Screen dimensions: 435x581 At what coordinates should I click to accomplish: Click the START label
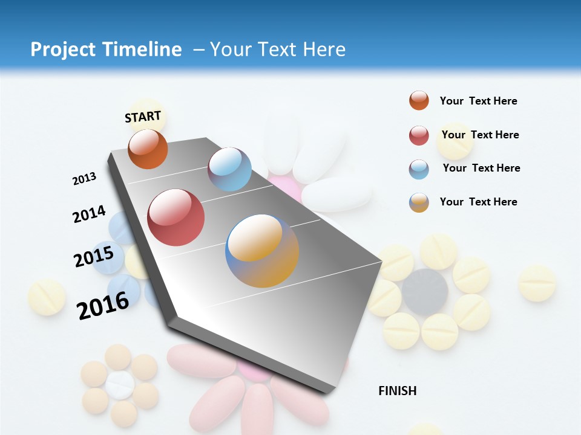point(143,117)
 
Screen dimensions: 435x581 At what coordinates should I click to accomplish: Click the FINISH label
point(397,391)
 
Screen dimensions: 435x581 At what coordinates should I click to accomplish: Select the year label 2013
point(84,179)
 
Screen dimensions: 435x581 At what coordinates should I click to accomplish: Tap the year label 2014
point(89,214)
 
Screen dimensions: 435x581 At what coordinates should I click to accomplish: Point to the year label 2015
point(94,256)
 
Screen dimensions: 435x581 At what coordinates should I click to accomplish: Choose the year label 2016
point(103,305)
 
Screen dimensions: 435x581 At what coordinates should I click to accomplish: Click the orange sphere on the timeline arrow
point(148,149)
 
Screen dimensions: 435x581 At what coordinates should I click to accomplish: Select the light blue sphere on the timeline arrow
point(229,169)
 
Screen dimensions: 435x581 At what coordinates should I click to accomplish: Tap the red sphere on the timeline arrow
point(176,217)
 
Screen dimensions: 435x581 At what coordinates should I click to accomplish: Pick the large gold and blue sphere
point(262,250)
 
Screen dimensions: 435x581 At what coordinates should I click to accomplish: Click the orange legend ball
point(419,100)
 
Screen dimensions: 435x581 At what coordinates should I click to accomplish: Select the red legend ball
point(419,135)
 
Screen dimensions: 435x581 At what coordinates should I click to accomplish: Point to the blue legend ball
point(419,169)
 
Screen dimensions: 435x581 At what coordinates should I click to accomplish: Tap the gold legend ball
point(419,202)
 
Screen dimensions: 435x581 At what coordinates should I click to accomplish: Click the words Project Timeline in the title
point(106,50)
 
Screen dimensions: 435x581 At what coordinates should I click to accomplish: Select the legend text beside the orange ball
point(478,101)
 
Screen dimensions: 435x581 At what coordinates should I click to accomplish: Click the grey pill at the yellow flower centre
point(425,291)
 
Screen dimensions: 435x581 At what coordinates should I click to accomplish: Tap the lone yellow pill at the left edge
point(47,297)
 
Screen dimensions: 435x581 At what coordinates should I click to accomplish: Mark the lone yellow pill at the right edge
point(537,283)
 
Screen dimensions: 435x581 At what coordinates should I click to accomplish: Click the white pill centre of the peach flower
point(120,385)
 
